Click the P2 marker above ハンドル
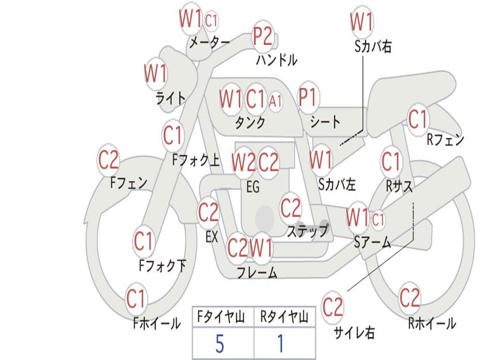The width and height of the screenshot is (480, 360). point(263,37)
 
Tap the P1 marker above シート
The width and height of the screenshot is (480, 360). point(307,98)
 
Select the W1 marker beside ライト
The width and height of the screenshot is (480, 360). point(156,74)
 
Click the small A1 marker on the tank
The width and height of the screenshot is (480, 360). point(276,100)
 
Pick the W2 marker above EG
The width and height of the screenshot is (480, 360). point(244,162)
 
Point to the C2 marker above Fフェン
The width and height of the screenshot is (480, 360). point(108,160)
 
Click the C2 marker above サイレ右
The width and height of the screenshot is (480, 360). point(333,307)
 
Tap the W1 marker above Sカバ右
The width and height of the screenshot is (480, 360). point(362,22)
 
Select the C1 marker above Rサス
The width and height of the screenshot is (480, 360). point(391,162)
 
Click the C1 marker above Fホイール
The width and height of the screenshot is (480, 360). point(136,299)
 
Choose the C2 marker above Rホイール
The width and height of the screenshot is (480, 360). point(410,298)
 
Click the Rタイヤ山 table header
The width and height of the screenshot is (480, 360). point(284,318)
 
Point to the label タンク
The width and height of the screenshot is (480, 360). point(250,123)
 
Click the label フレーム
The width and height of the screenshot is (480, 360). point(257,272)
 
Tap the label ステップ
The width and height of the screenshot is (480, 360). point(307,231)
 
